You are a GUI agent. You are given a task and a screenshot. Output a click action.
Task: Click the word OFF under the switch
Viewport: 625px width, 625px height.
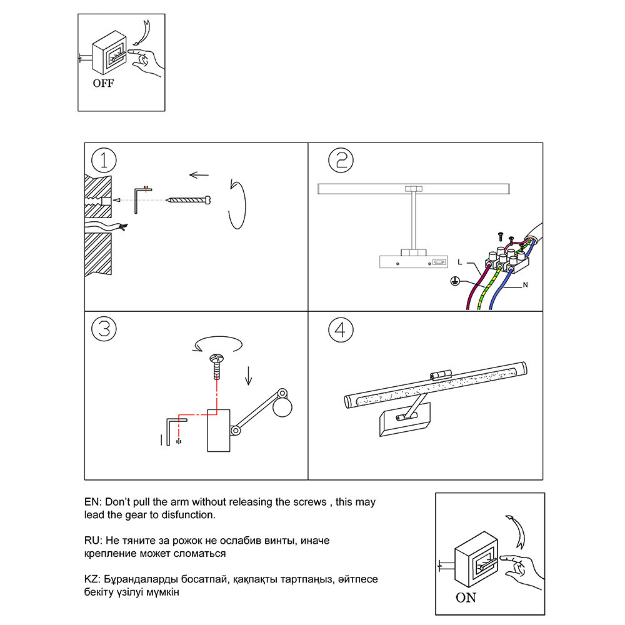104,83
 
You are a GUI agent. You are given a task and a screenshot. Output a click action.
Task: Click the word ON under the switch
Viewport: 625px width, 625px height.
466,597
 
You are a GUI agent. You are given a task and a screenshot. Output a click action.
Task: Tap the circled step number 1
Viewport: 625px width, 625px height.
104,161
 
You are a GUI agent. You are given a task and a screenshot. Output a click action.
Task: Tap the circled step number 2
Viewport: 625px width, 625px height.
341,161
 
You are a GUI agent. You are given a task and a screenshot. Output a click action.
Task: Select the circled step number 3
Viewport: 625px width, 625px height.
104,329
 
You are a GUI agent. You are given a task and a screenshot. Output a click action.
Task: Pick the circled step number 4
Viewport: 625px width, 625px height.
341,329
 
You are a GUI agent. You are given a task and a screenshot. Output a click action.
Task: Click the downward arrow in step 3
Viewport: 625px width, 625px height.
248,375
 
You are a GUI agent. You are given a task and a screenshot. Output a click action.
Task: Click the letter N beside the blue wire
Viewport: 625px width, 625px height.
525,286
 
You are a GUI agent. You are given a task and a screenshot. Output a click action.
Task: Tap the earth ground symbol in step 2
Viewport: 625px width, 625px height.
456,281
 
